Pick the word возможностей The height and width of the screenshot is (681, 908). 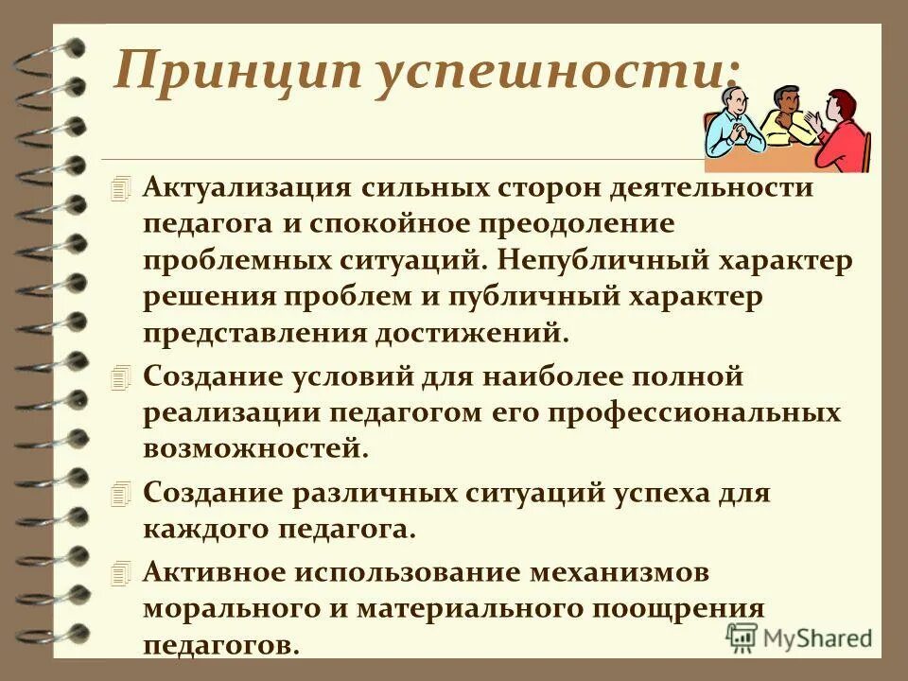click(x=255, y=448)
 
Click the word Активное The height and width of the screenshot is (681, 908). click(x=212, y=572)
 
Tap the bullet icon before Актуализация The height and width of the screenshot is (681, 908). click(x=117, y=187)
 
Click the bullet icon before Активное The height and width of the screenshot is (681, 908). click(x=117, y=573)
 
